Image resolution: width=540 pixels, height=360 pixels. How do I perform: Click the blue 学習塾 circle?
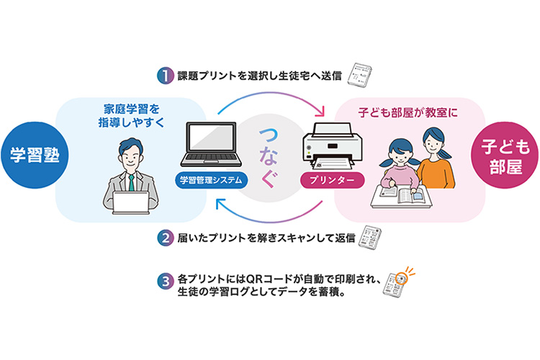(35, 155)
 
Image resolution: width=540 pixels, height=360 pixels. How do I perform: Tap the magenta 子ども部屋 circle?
(505, 155)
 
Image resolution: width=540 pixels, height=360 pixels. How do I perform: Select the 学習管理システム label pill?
(211, 180)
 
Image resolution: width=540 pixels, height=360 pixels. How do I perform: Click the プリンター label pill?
(332, 180)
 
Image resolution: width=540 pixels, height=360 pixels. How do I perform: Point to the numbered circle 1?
(166, 76)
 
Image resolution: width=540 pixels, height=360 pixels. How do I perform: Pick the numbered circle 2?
(166, 238)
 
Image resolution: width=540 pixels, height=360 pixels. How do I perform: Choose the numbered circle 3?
(166, 281)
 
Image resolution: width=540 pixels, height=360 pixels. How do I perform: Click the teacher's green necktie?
(131, 183)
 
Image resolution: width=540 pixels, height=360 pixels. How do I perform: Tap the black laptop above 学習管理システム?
(211, 144)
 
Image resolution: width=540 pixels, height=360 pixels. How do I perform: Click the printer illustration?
(332, 146)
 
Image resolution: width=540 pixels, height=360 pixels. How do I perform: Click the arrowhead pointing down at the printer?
(321, 111)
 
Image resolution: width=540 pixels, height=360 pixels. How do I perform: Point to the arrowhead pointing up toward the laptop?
(220, 204)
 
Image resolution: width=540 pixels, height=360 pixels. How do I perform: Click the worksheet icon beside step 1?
(359, 75)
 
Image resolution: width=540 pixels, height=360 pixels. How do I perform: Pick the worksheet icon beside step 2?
(370, 237)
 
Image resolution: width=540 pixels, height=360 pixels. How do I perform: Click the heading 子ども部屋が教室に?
(408, 112)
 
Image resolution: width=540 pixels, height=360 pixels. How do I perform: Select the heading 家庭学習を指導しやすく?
(131, 116)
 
